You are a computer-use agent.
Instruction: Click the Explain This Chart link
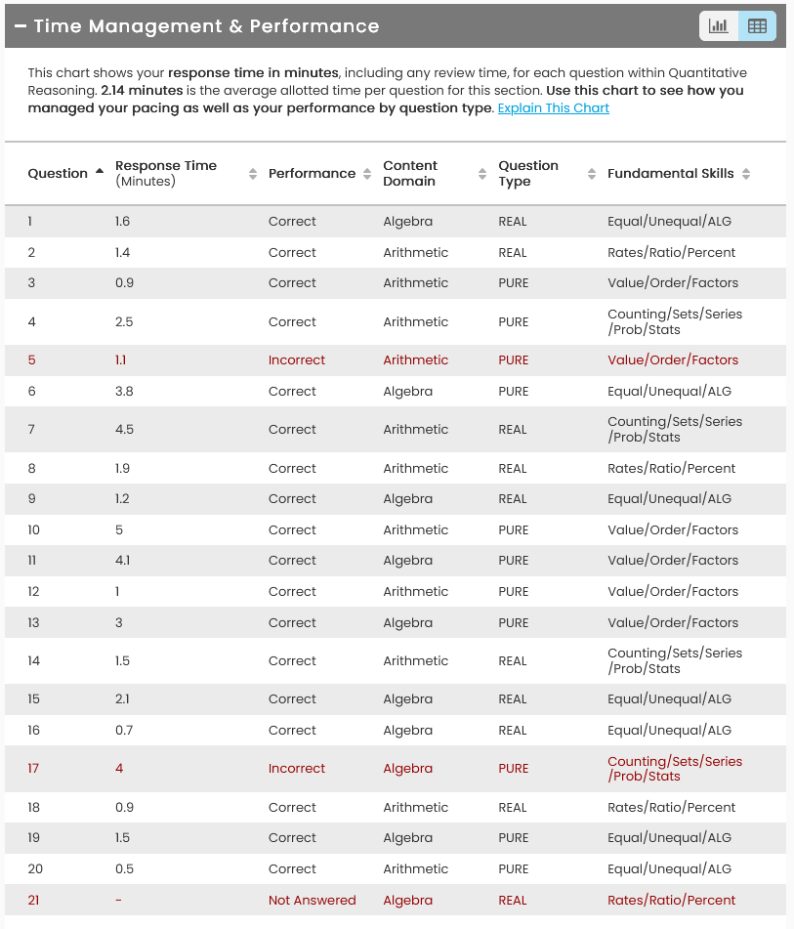[x=553, y=108]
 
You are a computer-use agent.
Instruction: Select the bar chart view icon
[x=719, y=26]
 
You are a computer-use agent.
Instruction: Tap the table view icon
[x=757, y=26]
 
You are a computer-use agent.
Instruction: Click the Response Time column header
[x=166, y=173]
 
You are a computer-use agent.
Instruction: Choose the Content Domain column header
[x=410, y=173]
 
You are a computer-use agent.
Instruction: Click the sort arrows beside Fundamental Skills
[x=746, y=174]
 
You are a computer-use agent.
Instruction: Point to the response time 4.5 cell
[x=124, y=429]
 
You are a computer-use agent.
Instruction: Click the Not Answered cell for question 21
[x=312, y=900]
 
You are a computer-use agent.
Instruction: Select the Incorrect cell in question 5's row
[x=297, y=359]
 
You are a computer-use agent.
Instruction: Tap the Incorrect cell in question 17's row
[x=297, y=768]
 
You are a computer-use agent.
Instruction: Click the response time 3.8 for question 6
[x=124, y=391]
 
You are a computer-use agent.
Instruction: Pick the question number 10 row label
[x=34, y=529]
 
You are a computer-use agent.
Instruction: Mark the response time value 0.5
[x=124, y=868]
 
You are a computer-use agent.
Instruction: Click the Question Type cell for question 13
[x=513, y=622]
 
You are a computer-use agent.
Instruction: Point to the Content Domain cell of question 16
[x=407, y=730]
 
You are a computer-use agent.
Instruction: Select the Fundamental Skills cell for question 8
[x=671, y=468]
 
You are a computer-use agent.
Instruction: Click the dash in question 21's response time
[x=118, y=900]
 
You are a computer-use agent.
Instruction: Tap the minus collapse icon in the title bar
[x=21, y=26]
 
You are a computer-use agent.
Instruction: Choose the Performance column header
[x=312, y=173]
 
